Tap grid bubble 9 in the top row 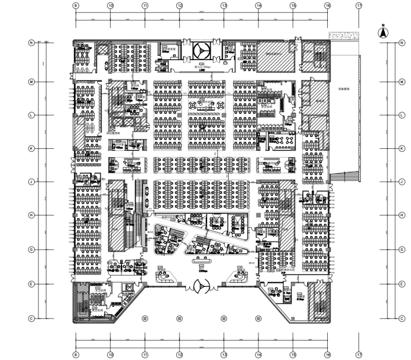pos(76,5)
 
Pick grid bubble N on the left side pos(32,43)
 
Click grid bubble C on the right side pos(401,318)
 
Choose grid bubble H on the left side pos(32,215)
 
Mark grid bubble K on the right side pos(401,148)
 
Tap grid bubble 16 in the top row pos(328,5)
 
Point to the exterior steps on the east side pos(343,176)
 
